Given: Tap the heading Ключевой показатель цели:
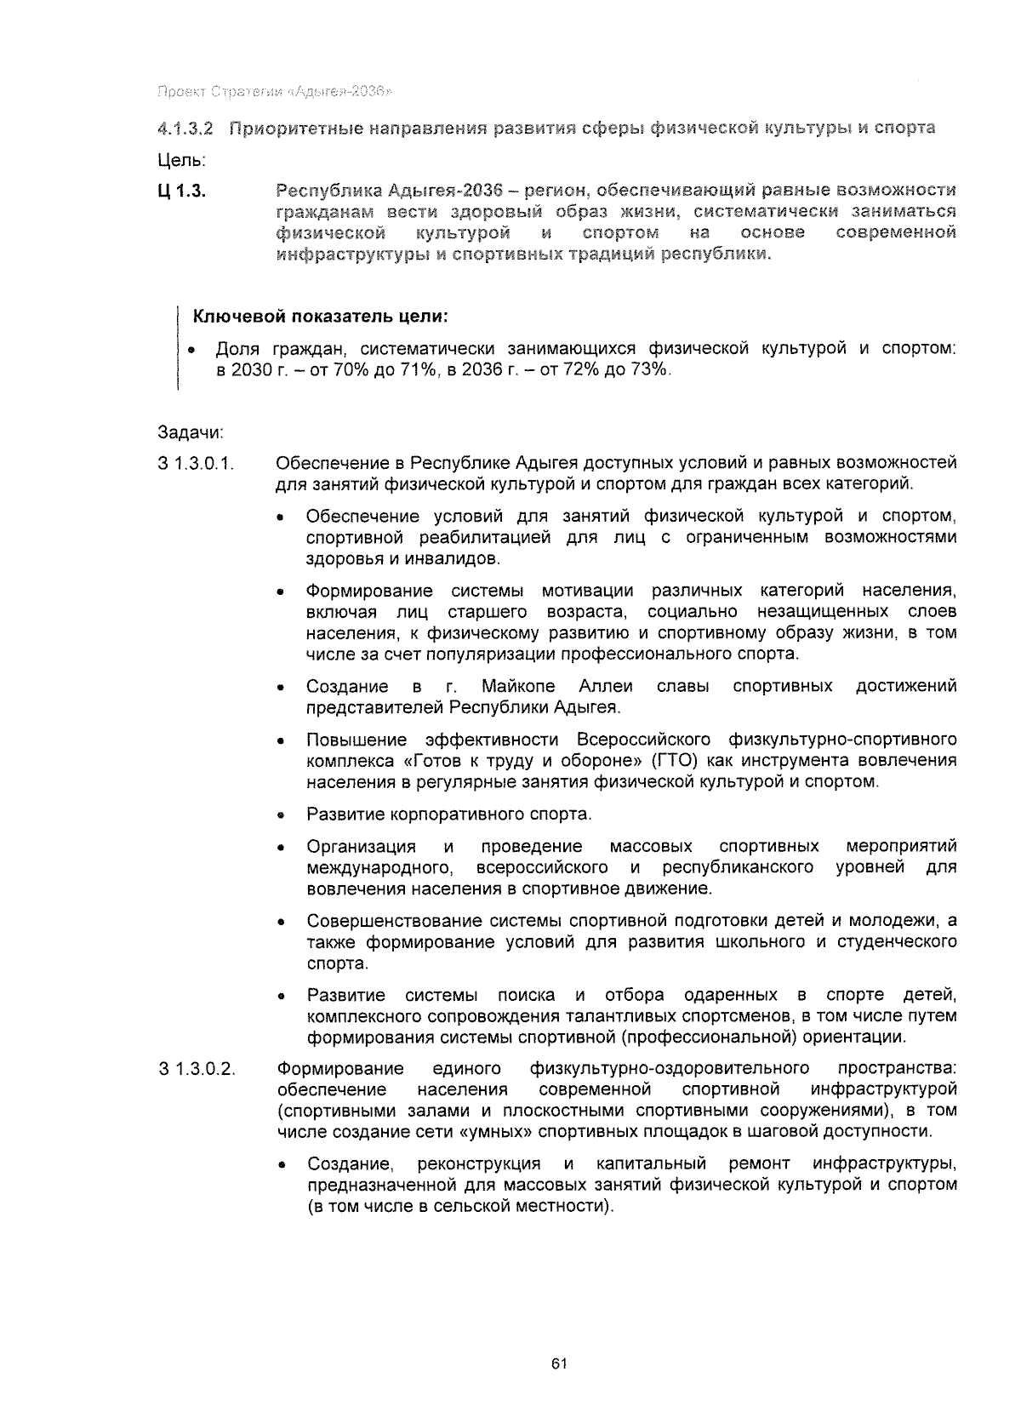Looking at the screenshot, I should click(321, 317).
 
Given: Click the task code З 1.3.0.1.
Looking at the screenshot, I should click(197, 464).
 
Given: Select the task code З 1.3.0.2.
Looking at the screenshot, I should click(197, 1068).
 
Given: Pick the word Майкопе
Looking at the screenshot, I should click(518, 686).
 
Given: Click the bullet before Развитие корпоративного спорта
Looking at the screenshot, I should click(279, 815).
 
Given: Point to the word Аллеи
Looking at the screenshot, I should click(606, 686).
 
